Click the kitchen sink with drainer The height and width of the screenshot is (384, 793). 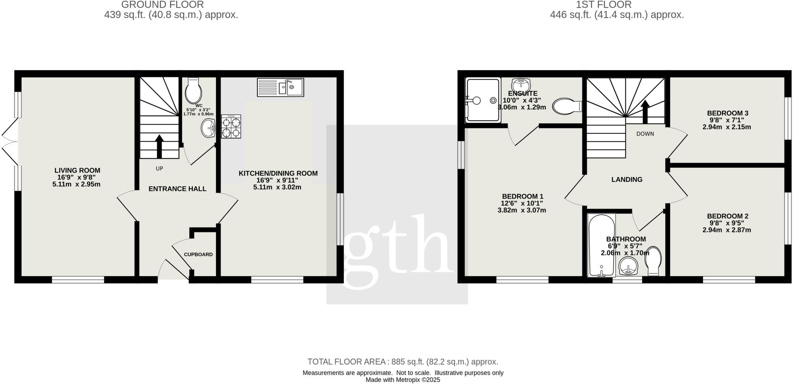pyautogui.click(x=280, y=87)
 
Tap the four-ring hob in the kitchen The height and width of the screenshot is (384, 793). pyautogui.click(x=231, y=127)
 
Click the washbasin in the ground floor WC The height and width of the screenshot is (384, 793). pyautogui.click(x=208, y=128)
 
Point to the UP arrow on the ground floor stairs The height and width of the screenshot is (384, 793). pyautogui.click(x=159, y=146)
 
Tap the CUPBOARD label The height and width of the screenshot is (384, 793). pyautogui.click(x=198, y=254)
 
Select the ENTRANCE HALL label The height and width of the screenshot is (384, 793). pyautogui.click(x=177, y=189)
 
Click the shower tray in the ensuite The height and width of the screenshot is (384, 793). pyautogui.click(x=482, y=101)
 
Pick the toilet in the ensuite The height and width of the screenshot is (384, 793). pyautogui.click(x=566, y=106)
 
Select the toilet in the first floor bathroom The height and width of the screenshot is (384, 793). pyautogui.click(x=653, y=261)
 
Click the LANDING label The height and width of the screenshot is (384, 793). pyautogui.click(x=627, y=180)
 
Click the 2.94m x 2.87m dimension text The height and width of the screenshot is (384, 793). pyautogui.click(x=726, y=230)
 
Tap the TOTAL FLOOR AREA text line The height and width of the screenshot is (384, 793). pyautogui.click(x=403, y=362)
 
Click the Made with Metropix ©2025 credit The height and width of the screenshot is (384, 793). pyautogui.click(x=403, y=380)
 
